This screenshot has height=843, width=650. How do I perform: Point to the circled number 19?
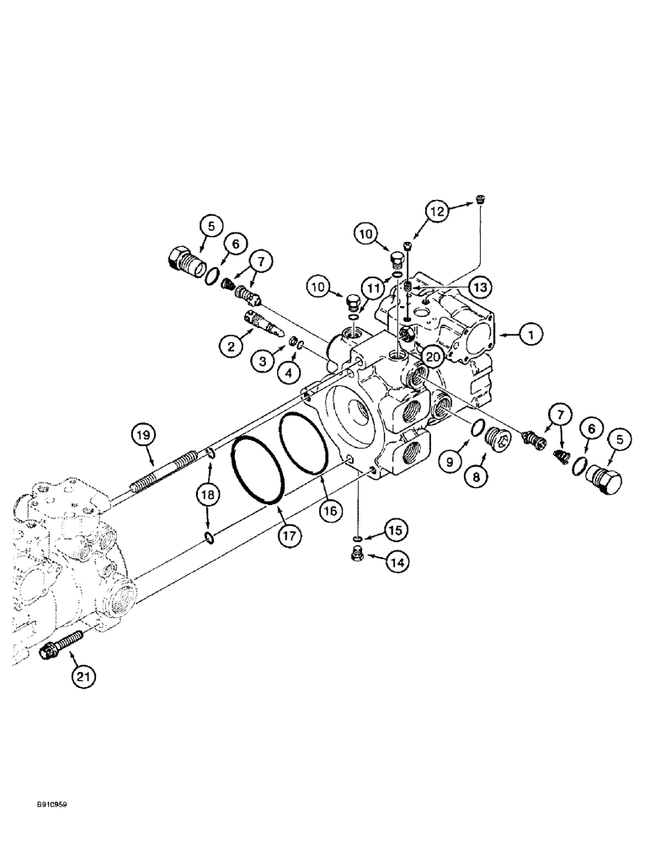[x=144, y=435]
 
